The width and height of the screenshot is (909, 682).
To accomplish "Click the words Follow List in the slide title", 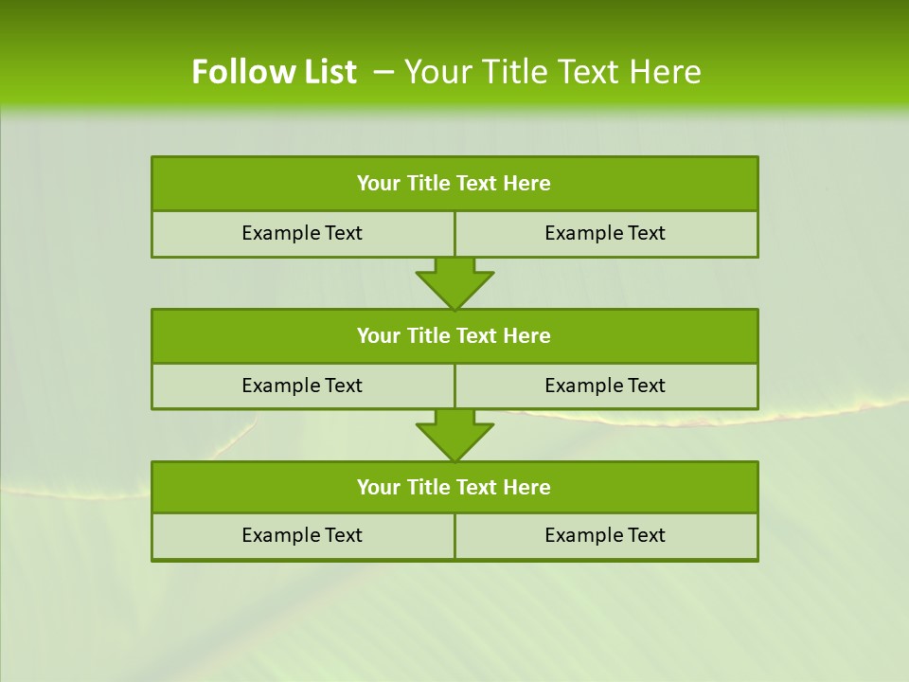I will tap(274, 72).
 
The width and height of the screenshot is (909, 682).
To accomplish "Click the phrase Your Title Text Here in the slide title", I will tap(553, 72).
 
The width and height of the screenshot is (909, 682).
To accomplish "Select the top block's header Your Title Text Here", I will tap(454, 184).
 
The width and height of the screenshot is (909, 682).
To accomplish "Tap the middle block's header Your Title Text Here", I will tap(454, 335).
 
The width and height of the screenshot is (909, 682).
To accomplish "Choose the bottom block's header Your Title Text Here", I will tap(454, 487).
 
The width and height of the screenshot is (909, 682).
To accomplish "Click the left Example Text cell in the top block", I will tap(302, 233).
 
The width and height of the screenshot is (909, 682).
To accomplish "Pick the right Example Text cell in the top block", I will tap(605, 233).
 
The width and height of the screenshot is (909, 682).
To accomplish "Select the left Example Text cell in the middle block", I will tap(302, 386).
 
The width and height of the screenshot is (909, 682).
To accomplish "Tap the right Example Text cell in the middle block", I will tap(605, 386).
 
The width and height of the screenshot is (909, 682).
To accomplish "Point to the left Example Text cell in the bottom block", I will tap(302, 535).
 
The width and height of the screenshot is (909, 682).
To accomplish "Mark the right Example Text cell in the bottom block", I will tap(605, 535).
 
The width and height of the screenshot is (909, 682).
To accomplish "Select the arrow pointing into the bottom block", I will tap(454, 435).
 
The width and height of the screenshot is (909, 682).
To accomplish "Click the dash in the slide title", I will tap(383, 72).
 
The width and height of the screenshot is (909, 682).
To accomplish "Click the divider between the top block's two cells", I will tap(454, 234).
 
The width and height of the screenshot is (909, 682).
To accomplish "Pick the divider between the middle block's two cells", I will tap(454, 386).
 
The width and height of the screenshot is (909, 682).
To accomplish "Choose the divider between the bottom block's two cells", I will tap(454, 536).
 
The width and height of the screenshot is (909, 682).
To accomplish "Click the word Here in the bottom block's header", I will tap(526, 487).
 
